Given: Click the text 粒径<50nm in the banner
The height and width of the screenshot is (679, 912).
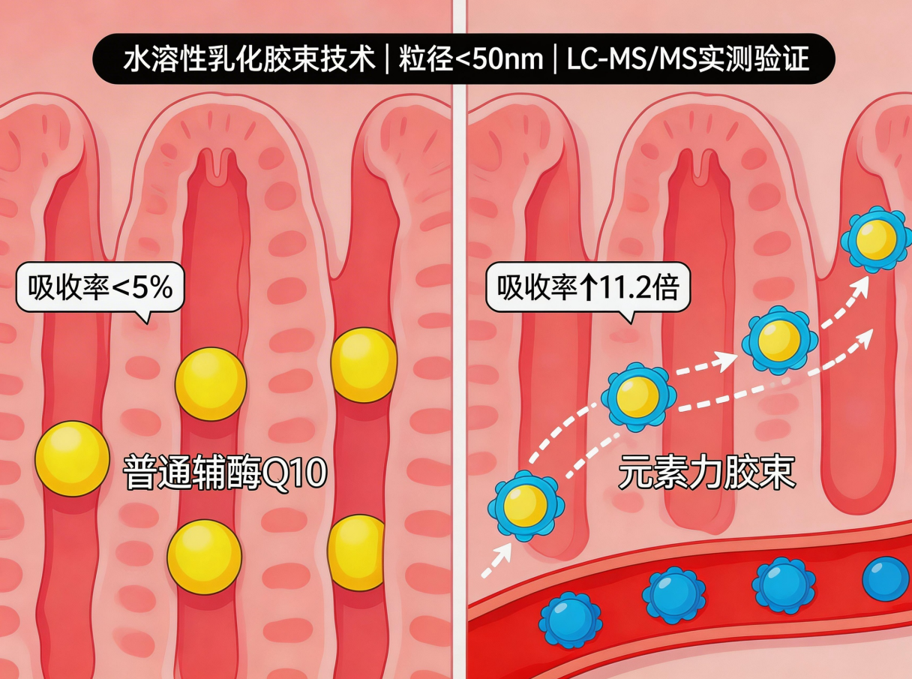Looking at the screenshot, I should pyautogui.click(x=470, y=59).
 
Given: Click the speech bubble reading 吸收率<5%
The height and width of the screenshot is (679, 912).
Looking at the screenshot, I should pyautogui.click(x=100, y=287).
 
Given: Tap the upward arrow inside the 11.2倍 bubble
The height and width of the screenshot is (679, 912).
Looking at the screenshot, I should pyautogui.click(x=586, y=288).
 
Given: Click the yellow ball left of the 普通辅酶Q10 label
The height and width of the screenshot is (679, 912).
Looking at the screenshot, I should pyautogui.click(x=72, y=458).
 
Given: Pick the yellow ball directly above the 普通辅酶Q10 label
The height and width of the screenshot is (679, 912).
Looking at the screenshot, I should pyautogui.click(x=211, y=383).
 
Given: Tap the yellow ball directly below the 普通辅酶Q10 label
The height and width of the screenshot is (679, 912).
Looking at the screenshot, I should pyautogui.click(x=204, y=557).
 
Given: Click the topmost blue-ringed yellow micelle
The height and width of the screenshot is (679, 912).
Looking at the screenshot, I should pyautogui.click(x=875, y=239).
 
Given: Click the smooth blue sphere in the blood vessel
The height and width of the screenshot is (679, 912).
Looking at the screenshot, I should pyautogui.click(x=886, y=578).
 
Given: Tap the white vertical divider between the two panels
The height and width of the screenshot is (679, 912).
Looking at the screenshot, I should pyautogui.click(x=459, y=338).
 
